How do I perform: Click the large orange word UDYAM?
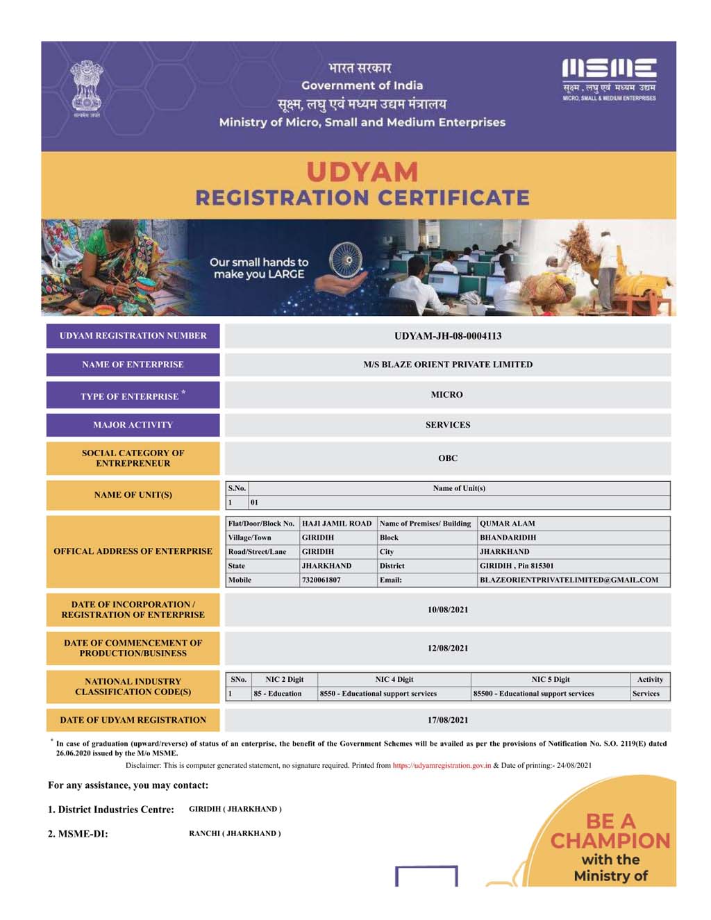362,172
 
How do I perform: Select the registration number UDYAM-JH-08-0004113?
448,336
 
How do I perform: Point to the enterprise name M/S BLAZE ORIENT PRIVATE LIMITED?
448,365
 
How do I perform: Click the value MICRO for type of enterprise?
446,394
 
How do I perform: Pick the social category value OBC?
448,458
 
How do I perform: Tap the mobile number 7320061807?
321,580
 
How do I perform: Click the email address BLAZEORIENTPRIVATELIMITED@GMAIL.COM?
569,580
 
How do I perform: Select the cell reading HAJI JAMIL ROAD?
337,524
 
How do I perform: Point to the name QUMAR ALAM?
508,524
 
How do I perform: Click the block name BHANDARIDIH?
508,537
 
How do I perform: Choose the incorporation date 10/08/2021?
448,610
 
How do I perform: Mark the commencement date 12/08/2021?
448,648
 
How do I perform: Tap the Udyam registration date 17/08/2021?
448,720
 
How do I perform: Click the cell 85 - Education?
278,694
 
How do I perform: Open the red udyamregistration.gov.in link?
442,765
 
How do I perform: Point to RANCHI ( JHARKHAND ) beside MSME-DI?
235,833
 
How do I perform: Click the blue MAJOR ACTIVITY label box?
133,425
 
